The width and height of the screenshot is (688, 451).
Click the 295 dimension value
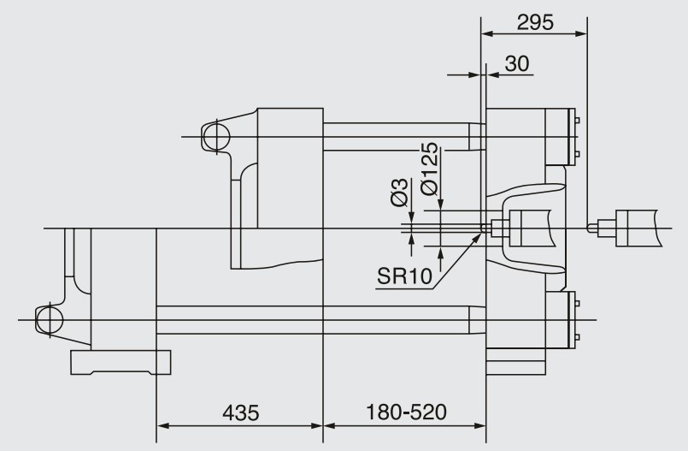click(x=535, y=22)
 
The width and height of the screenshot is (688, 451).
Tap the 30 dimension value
click(x=517, y=63)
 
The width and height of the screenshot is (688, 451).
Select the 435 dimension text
click(x=241, y=412)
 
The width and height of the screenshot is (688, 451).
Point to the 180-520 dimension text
click(x=406, y=412)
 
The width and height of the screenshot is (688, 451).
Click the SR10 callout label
click(x=404, y=276)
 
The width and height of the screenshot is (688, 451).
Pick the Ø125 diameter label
click(x=429, y=169)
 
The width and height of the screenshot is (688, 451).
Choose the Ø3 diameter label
click(x=399, y=193)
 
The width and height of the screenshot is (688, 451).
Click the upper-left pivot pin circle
click(x=216, y=137)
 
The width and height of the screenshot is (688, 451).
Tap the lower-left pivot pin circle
click(x=50, y=320)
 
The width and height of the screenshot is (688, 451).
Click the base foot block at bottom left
click(x=121, y=362)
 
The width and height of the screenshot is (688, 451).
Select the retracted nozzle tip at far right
click(x=591, y=228)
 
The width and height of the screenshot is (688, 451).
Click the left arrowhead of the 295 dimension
click(x=487, y=33)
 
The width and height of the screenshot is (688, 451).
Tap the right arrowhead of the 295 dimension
click(x=580, y=33)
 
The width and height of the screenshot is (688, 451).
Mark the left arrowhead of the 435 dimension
click(x=162, y=425)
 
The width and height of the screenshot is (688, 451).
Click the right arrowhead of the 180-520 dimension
click(x=479, y=425)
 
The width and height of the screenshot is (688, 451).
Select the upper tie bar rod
click(x=404, y=137)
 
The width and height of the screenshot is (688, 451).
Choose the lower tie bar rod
click(x=320, y=320)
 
